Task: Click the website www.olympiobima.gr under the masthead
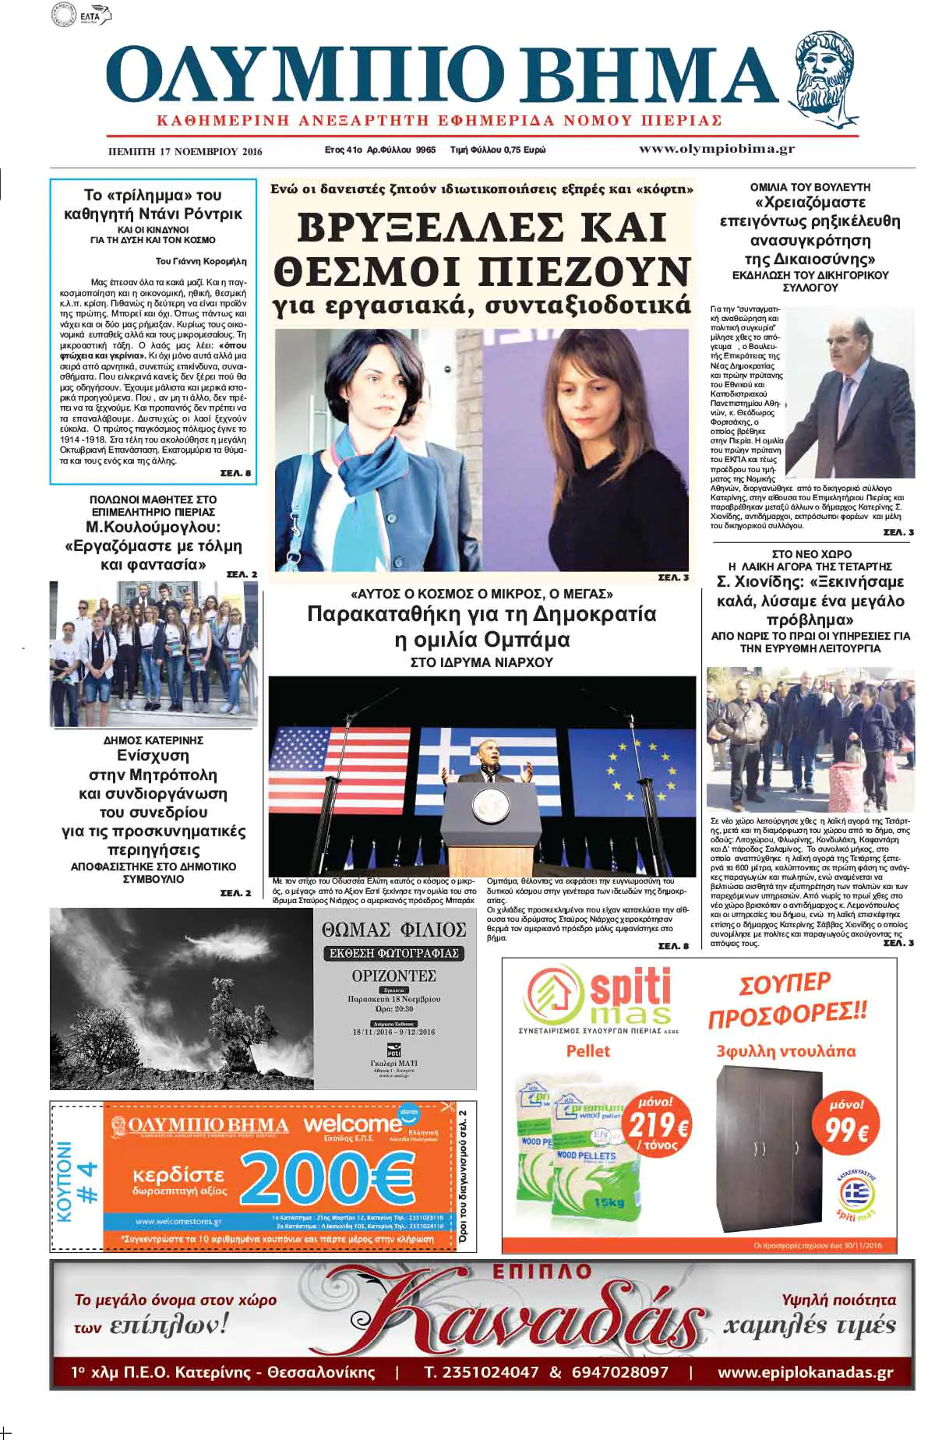click(x=716, y=149)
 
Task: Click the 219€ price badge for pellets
click(x=658, y=1125)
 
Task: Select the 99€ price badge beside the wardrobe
click(x=846, y=1121)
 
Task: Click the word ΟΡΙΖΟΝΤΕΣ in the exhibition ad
click(x=393, y=976)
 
